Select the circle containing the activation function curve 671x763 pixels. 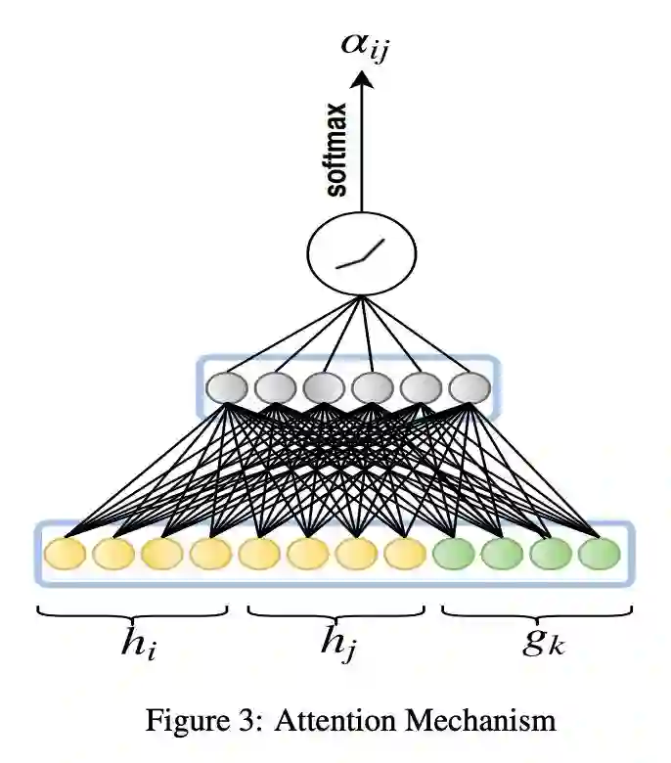[x=363, y=252]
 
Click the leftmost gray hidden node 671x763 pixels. [x=225, y=387]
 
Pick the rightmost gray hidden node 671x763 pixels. [x=469, y=387]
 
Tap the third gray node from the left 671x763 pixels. [x=322, y=387]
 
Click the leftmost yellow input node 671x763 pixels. [x=65, y=553]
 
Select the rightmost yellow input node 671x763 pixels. [x=404, y=553]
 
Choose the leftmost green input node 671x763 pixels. [x=453, y=553]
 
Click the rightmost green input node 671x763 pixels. [x=599, y=553]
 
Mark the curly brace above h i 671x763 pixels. [x=133, y=612]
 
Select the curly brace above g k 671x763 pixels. [x=537, y=612]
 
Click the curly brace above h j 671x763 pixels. [x=336, y=612]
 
